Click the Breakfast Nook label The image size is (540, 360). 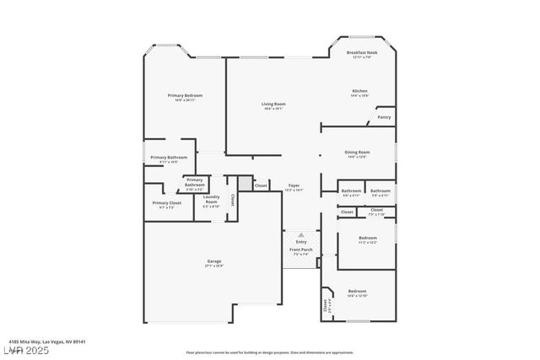click(x=361, y=53)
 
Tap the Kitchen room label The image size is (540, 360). click(x=359, y=91)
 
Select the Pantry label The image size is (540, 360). click(x=384, y=117)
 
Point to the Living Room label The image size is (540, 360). click(x=273, y=104)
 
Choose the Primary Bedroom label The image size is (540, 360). click(x=185, y=96)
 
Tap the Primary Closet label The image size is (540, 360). click(x=166, y=203)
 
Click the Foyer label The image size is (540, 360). click(x=294, y=185)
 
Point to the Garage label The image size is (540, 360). click(x=214, y=261)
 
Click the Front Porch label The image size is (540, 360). click(x=301, y=250)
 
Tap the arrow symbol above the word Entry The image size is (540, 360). click(x=301, y=235)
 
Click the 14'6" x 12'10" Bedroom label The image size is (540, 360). click(x=357, y=291)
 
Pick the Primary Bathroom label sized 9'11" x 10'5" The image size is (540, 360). click(x=169, y=158)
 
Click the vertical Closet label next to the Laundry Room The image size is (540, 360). click(x=233, y=201)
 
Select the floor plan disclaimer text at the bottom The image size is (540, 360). click(x=269, y=352)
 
